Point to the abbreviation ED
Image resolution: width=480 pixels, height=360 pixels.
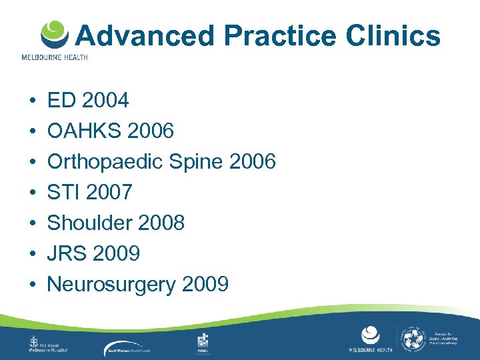tap(62, 101)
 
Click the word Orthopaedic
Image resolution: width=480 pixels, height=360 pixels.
tap(107, 162)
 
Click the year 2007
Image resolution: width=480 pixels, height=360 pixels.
tap(109, 193)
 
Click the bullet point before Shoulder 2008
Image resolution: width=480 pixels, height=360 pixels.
tap(33, 223)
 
